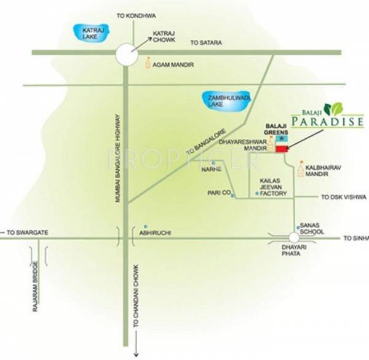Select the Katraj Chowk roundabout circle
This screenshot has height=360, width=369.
tap(126, 53)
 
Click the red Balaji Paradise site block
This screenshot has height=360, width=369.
tap(282, 148)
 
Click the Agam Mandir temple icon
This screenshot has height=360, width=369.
tap(148, 62)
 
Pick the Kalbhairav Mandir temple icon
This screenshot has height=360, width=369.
tap(300, 168)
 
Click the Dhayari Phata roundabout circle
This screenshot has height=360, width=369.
tap(294, 237)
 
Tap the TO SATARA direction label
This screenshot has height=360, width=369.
tap(205, 42)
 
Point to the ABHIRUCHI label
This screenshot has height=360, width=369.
tap(155, 232)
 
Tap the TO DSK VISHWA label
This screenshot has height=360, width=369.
tap(344, 197)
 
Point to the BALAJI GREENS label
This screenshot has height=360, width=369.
tap(276, 127)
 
